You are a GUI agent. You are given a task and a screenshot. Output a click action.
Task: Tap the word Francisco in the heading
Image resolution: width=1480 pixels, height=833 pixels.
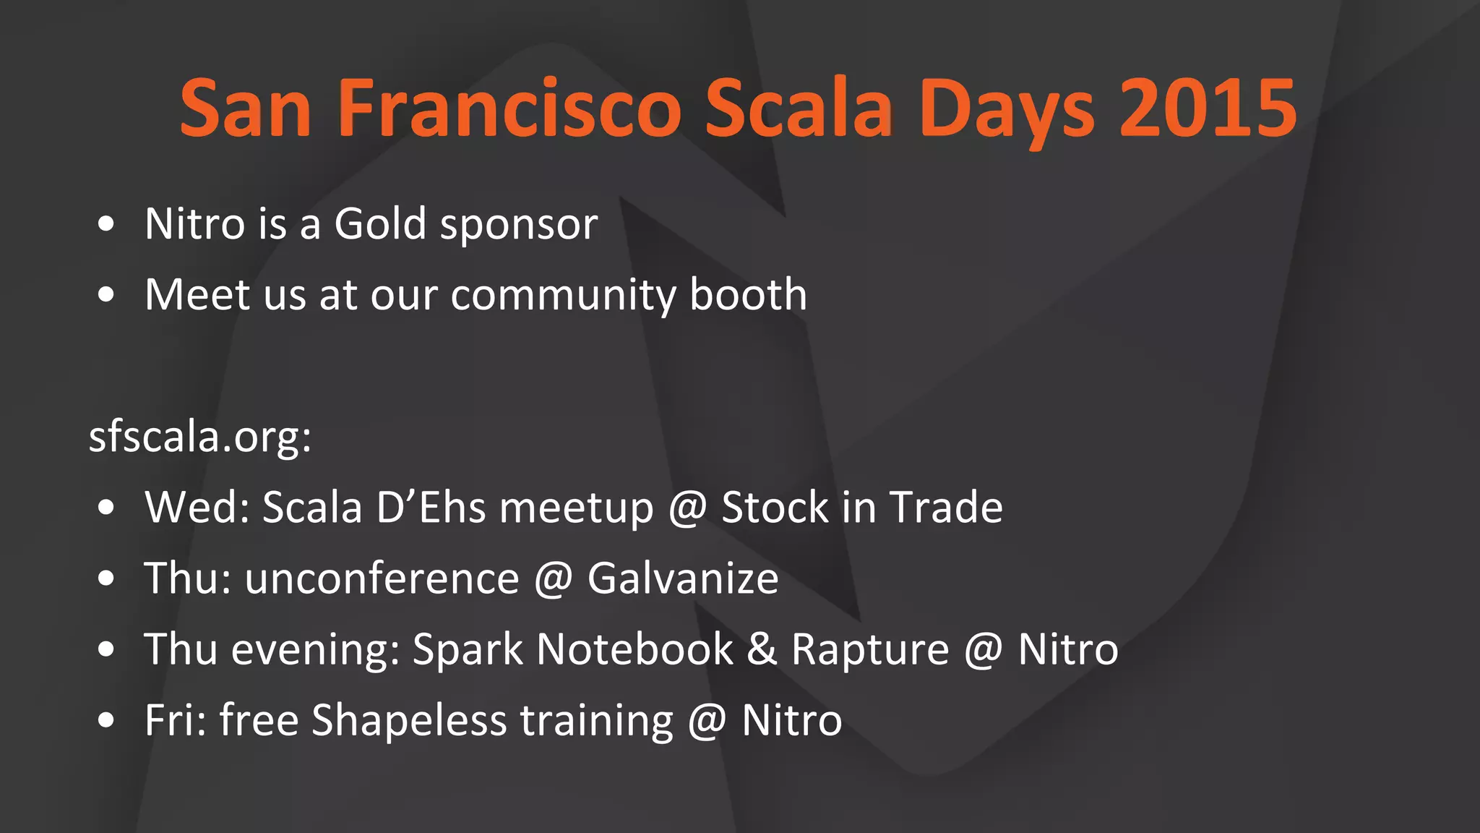pos(509,108)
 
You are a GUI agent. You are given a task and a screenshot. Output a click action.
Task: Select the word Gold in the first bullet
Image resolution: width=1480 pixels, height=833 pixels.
pos(380,223)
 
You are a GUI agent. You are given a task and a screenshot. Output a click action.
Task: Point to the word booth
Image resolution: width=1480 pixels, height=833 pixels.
pos(748,294)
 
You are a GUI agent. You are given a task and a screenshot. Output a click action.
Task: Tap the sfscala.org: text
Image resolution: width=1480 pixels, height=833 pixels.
pos(200,437)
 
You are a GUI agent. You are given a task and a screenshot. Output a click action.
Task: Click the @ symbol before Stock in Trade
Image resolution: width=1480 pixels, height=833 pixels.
pos(687,508)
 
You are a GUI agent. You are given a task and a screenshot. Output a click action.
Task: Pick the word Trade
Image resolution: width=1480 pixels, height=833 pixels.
pos(946,507)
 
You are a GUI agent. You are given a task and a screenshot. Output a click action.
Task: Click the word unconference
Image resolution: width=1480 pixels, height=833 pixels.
pos(382,578)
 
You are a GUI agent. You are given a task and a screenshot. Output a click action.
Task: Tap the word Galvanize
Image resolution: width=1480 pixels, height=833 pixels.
pos(683,578)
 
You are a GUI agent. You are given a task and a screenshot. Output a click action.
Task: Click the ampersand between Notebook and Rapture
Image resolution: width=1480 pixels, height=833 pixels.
pos(762,649)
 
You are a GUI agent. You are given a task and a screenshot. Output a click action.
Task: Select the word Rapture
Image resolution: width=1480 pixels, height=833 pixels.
pos(870,650)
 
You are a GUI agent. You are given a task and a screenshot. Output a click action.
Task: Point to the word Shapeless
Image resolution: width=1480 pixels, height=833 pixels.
pos(409,721)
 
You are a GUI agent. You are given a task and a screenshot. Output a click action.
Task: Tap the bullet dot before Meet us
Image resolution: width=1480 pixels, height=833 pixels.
pos(106,295)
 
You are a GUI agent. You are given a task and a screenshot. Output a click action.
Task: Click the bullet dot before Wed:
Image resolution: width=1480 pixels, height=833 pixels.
pos(106,508)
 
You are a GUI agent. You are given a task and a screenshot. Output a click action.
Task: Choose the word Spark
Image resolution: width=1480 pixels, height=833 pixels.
pos(468,650)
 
